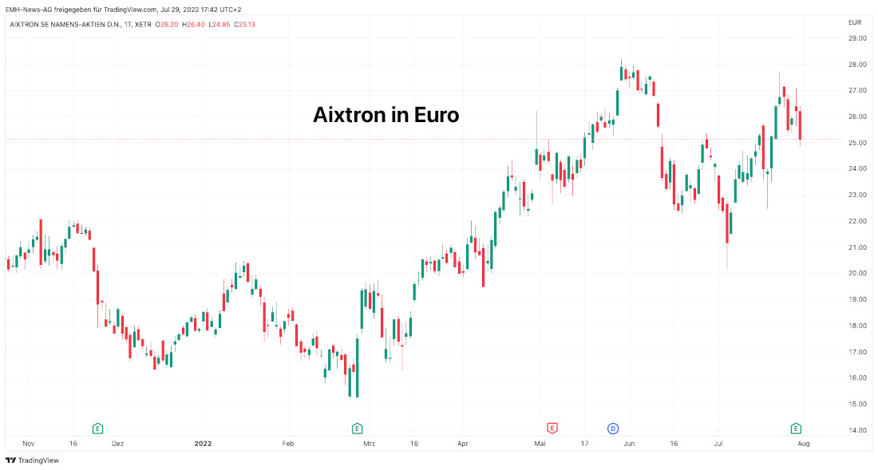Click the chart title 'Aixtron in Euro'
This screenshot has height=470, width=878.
(x=386, y=115)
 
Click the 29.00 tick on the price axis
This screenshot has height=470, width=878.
(x=857, y=38)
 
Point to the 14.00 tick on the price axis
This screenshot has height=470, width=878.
(x=857, y=430)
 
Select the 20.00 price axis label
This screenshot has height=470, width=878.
(x=857, y=274)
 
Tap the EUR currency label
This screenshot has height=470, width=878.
(x=854, y=22)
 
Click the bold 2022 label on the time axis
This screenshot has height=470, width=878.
(x=204, y=443)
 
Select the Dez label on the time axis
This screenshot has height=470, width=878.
(x=118, y=443)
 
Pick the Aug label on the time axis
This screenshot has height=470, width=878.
(x=804, y=443)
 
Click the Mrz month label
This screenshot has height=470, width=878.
(x=369, y=443)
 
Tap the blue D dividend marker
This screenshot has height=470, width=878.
(x=613, y=429)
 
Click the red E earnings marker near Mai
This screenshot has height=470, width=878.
(x=552, y=429)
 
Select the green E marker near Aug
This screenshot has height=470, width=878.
(x=796, y=429)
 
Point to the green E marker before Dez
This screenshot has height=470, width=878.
(x=98, y=429)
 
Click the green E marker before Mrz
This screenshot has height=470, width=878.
(x=357, y=429)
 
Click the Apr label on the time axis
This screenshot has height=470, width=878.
(x=462, y=443)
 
